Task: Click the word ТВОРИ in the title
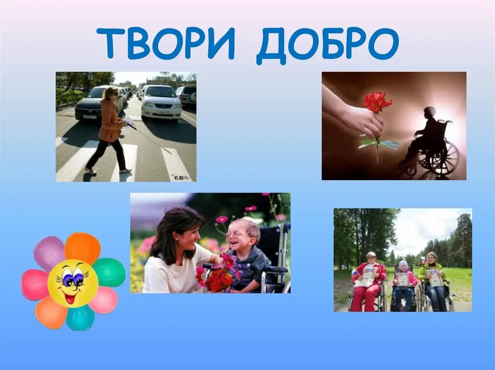165,44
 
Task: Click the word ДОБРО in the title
327,45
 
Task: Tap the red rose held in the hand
377,102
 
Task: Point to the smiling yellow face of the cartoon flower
73,283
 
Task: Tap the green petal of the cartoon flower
109,272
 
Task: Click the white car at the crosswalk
161,102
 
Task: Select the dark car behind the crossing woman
92,104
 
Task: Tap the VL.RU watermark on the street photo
180,177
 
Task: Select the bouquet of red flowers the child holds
220,277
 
